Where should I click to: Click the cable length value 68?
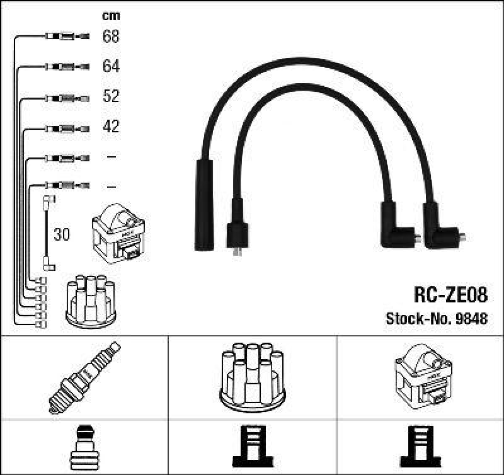111,36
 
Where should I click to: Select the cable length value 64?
111,66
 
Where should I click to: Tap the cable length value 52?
111,96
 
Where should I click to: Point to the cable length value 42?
111,126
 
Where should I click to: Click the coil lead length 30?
62,234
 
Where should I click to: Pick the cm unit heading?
111,16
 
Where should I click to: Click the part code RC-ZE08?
450,294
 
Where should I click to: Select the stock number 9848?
472,318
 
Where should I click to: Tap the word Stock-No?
419,318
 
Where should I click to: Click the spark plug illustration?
84,377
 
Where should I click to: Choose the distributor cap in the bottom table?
253,377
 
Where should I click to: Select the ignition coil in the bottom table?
423,376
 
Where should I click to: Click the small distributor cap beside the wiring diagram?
91,301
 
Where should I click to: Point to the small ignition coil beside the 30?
118,233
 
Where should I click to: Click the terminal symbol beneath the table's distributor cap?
253,447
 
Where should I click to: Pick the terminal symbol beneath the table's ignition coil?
420,447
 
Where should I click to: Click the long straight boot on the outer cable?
204,205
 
